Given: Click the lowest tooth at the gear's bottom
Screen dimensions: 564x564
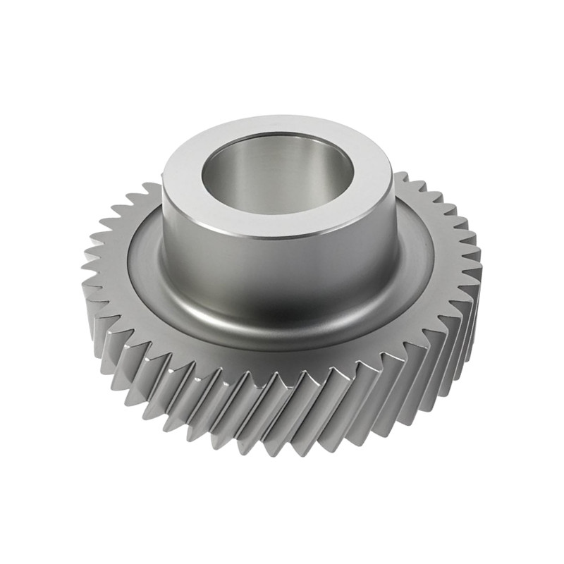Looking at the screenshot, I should (282, 441).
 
